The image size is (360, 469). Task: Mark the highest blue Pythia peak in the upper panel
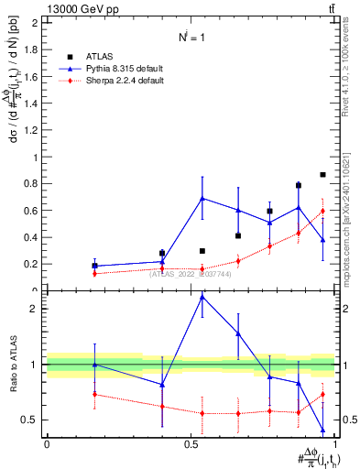202,198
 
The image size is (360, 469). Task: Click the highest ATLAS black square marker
322,174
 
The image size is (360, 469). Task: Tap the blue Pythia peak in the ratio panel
202,297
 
